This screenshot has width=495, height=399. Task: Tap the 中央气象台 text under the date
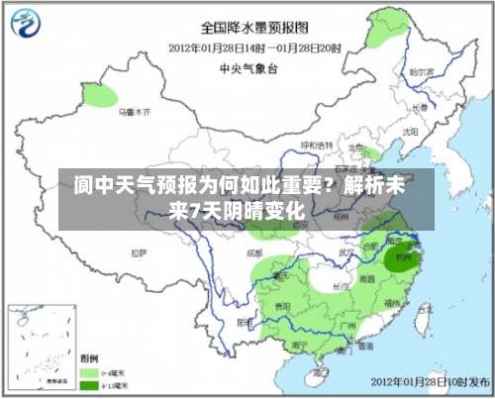(x=251, y=68)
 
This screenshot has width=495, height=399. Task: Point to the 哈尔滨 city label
(x=423, y=71)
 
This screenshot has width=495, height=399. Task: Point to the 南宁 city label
(x=294, y=346)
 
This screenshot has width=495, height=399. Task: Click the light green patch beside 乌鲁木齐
(x=99, y=96)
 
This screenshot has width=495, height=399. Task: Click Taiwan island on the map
(x=423, y=320)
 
